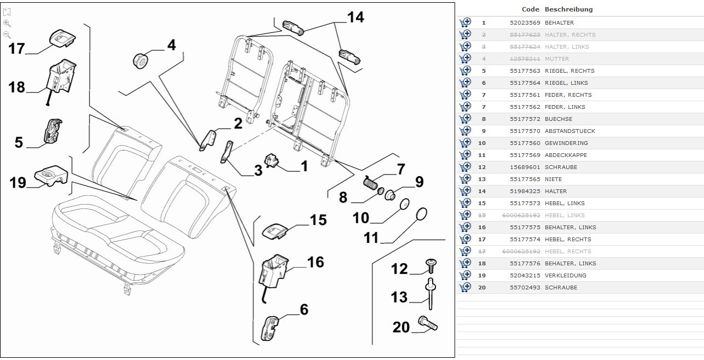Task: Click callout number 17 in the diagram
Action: (x=16, y=49)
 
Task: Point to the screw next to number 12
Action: (x=430, y=266)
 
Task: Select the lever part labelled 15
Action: (x=277, y=229)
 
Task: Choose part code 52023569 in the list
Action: (x=525, y=22)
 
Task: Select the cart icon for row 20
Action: (x=465, y=287)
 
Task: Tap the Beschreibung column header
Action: (x=568, y=9)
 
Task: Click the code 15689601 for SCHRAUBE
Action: (x=525, y=167)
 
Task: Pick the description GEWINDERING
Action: (x=566, y=143)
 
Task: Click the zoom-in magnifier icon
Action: (x=7, y=24)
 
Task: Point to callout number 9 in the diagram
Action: (x=419, y=182)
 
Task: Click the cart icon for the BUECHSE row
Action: (x=465, y=119)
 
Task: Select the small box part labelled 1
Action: (x=272, y=160)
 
